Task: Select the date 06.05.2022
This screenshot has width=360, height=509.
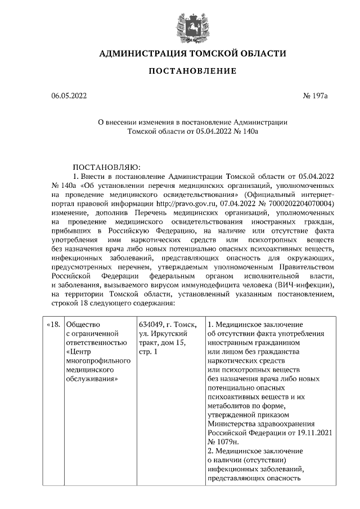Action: (x=69, y=96)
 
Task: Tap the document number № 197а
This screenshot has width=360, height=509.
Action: (x=314, y=96)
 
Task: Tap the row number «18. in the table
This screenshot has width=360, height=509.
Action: (x=52, y=325)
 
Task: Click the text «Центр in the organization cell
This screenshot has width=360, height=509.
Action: (x=79, y=352)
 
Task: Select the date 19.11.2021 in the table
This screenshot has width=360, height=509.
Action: (x=309, y=433)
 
